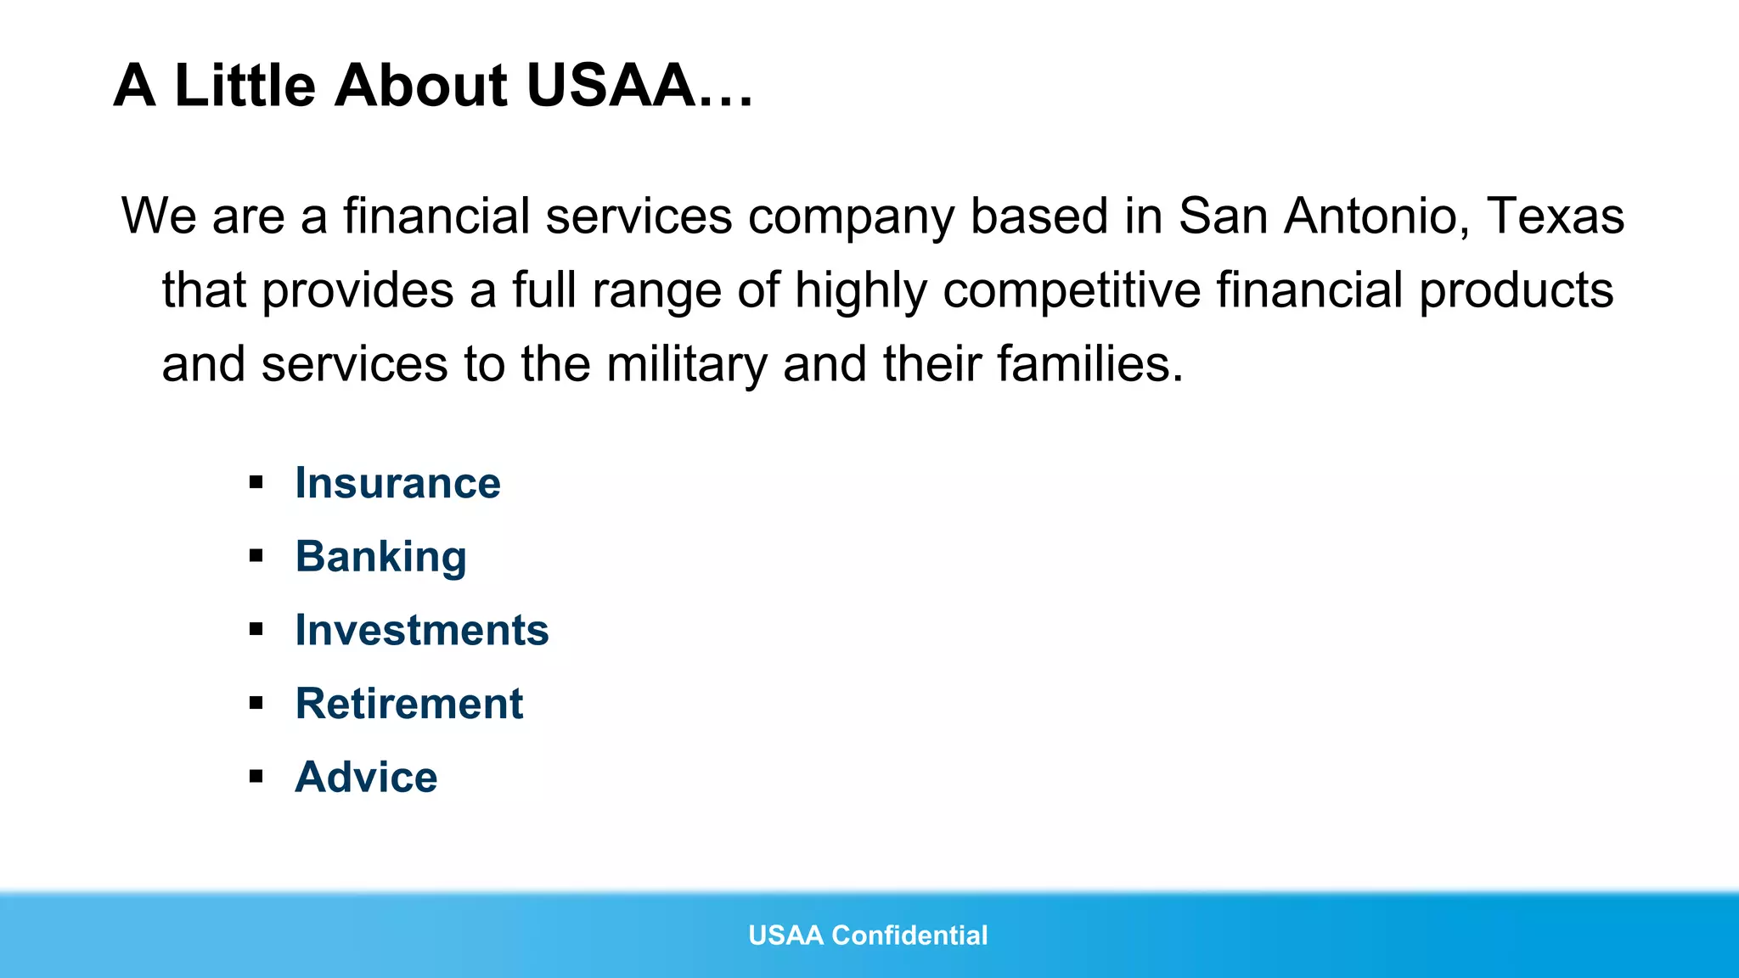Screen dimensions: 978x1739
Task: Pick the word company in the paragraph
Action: pos(851,217)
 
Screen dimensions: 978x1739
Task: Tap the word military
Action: pos(687,364)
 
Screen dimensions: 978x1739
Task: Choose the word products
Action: pos(1516,290)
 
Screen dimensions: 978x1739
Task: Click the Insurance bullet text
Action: pos(397,483)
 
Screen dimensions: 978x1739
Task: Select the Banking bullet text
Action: pos(380,557)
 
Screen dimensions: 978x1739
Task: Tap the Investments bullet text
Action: pos(422,630)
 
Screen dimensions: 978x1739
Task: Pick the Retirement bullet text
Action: pos(409,704)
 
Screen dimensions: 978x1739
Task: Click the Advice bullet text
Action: pos(366,777)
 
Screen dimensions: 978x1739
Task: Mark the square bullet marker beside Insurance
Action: pos(256,483)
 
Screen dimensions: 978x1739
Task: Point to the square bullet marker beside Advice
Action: pos(256,776)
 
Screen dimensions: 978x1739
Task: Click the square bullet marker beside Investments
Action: pos(256,629)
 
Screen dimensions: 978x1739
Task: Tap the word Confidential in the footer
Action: pos(909,935)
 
